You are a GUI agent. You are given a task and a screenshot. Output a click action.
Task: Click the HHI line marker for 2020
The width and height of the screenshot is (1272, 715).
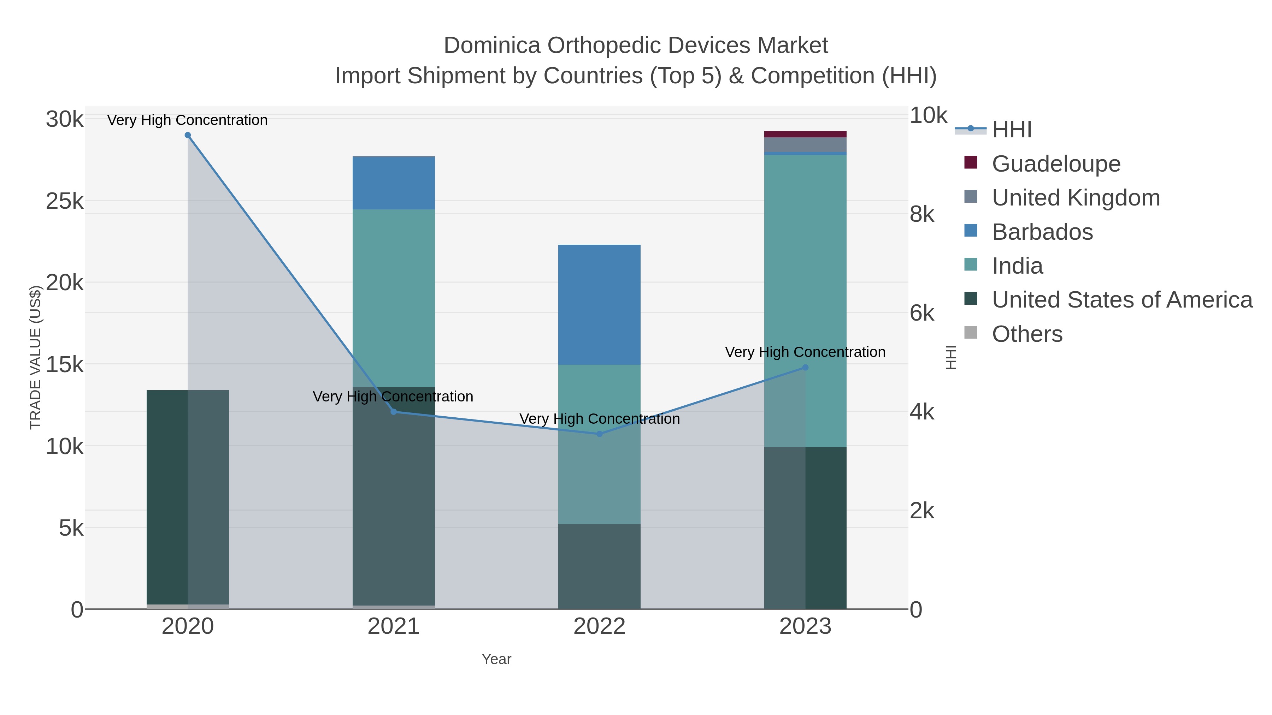pyautogui.click(x=188, y=135)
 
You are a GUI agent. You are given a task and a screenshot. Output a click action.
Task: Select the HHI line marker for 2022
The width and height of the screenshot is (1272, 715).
pyautogui.click(x=600, y=434)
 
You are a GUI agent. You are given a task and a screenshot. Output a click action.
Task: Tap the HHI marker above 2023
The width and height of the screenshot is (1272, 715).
pyautogui.click(x=805, y=367)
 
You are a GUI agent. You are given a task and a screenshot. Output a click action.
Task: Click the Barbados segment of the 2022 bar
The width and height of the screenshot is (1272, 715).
pyautogui.click(x=600, y=304)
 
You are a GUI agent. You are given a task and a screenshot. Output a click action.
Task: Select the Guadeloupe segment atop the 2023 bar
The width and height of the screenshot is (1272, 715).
pyautogui.click(x=805, y=134)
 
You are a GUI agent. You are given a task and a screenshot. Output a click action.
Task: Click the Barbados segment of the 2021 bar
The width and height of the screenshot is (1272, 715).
pyautogui.click(x=394, y=183)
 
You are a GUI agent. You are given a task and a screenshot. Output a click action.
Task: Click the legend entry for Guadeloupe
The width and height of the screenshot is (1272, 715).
pyautogui.click(x=1056, y=164)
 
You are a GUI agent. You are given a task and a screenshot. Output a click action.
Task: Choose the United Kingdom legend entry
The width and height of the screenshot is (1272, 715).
pyautogui.click(x=1076, y=198)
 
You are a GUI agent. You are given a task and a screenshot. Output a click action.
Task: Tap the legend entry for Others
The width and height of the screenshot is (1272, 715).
pyautogui.click(x=1027, y=334)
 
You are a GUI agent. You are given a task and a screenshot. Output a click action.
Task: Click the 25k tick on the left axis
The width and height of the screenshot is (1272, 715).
pyautogui.click(x=65, y=201)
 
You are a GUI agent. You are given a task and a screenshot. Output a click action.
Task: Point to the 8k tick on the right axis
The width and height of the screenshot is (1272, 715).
pyautogui.click(x=922, y=214)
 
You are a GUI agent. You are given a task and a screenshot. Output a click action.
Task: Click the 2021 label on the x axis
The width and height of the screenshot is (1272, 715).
pyautogui.click(x=394, y=626)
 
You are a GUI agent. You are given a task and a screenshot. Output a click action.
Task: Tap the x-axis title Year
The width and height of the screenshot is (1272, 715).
pyautogui.click(x=496, y=659)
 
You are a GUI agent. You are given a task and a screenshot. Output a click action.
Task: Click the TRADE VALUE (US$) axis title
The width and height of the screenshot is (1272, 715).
pyautogui.click(x=36, y=357)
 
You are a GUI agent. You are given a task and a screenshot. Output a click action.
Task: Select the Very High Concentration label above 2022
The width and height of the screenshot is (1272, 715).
pyautogui.click(x=600, y=419)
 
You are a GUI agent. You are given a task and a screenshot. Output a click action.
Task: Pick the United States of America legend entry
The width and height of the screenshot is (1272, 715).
pyautogui.click(x=1122, y=300)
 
